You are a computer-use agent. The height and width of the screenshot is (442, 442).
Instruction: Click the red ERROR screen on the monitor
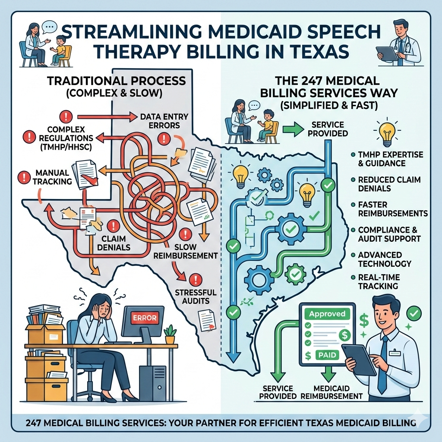(143, 317)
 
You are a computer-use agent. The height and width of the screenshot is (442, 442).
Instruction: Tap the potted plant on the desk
(170, 334)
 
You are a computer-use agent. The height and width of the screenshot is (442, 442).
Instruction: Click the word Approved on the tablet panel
(327, 314)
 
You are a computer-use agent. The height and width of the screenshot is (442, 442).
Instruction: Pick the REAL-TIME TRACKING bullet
(378, 281)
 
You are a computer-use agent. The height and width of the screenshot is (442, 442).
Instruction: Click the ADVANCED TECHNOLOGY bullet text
(385, 259)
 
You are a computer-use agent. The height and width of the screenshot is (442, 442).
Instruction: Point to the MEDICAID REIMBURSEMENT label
(332, 392)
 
